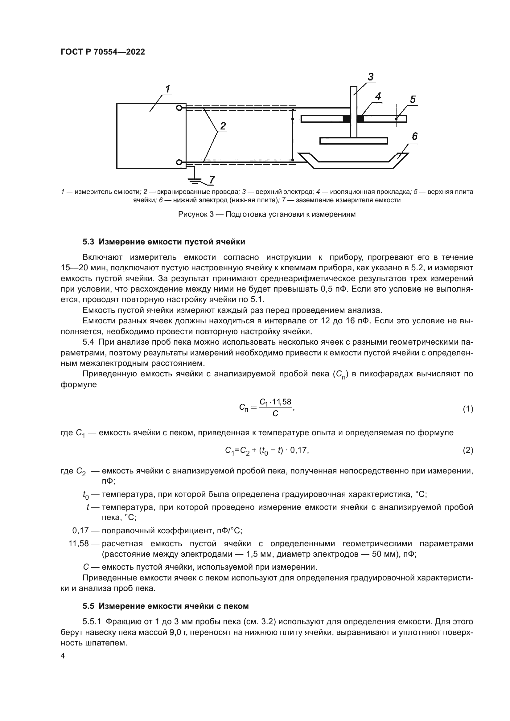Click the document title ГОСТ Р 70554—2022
tap(103, 52)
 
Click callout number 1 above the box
tap(168, 89)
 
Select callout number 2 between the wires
tap(223, 126)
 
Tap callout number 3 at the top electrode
tap(371, 76)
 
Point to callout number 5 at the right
tap(413, 100)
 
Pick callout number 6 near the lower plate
tap(414, 136)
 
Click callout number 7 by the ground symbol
tap(212, 180)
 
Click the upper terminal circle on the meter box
tap(179, 108)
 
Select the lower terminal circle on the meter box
tap(179, 162)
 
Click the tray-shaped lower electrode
tap(353, 165)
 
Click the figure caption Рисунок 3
tap(267, 215)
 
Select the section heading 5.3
tap(164, 242)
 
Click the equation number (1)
tap(468, 409)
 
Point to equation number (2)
tap(468, 450)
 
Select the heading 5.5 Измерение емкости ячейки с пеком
tap(166, 606)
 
